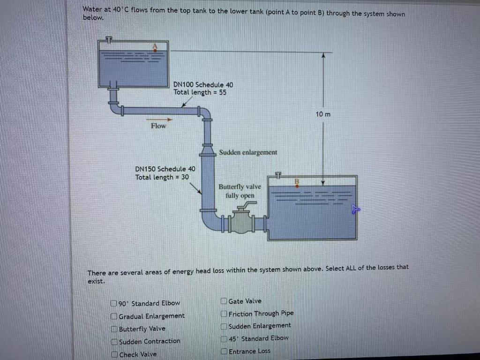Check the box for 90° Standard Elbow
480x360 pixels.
pyautogui.click(x=114, y=303)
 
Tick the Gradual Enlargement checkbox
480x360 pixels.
pyautogui.click(x=114, y=316)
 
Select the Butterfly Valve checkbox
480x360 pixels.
pyautogui.click(x=114, y=329)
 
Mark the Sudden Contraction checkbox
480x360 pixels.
pyautogui.click(x=114, y=342)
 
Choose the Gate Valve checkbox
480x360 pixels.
pyautogui.click(x=224, y=301)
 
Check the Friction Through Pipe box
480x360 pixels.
pyautogui.click(x=224, y=314)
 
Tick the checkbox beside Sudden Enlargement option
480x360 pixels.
pyautogui.click(x=224, y=326)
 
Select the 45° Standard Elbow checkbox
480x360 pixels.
pyautogui.click(x=224, y=338)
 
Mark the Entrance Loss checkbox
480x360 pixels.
pyautogui.click(x=224, y=351)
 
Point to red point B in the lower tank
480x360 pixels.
pyautogui.click(x=297, y=185)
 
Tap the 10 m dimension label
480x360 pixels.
pyautogui.click(x=323, y=114)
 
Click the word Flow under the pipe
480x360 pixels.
pyautogui.click(x=158, y=126)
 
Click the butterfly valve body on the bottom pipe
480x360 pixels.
pyautogui.click(x=242, y=222)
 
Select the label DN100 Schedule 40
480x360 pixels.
pyautogui.click(x=203, y=84)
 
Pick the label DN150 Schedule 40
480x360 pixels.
pyautogui.click(x=165, y=169)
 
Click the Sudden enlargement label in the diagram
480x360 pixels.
pyautogui.click(x=248, y=152)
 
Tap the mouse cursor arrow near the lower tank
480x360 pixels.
pyautogui.click(x=355, y=210)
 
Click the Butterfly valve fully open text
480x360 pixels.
pyautogui.click(x=240, y=191)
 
